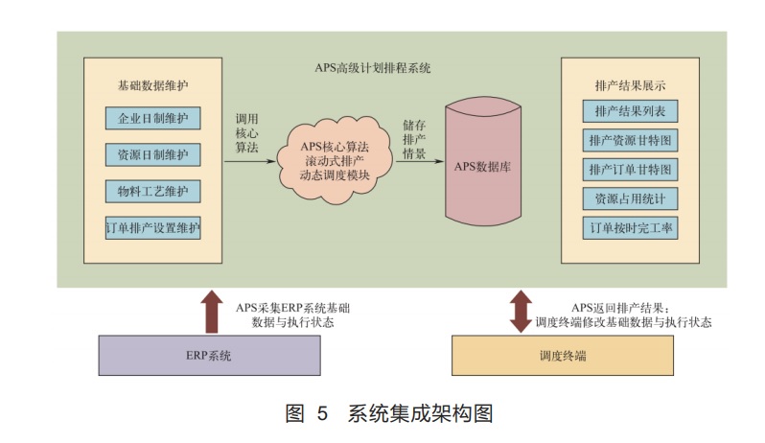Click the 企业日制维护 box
pyautogui.click(x=152, y=119)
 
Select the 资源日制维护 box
pyautogui.click(x=152, y=154)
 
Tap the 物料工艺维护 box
pyautogui.click(x=152, y=190)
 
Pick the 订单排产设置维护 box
pyautogui.click(x=152, y=227)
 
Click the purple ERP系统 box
pyautogui.click(x=209, y=356)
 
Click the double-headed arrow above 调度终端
pyautogui.click(x=521, y=311)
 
